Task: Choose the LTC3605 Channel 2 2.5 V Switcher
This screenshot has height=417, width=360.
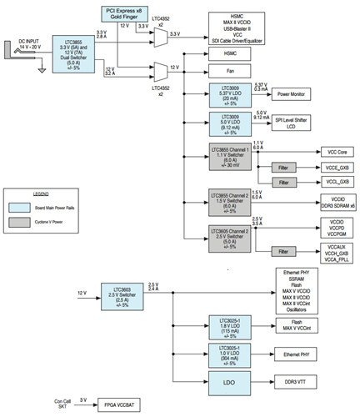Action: point(228,238)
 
